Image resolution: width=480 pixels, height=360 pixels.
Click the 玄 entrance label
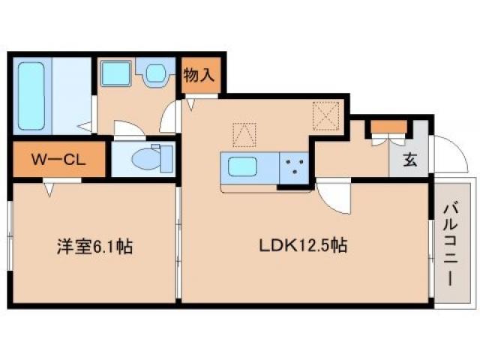[x=410, y=159]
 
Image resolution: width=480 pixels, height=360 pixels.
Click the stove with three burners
[x=295, y=166]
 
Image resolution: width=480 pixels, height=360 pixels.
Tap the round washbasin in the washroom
[x=157, y=73]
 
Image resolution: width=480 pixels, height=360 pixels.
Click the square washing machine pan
[x=116, y=73]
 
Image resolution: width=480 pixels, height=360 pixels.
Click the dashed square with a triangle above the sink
[x=244, y=133]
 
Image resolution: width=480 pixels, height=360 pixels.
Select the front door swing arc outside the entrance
[x=446, y=154]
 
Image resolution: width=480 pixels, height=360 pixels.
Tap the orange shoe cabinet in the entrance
[x=388, y=125]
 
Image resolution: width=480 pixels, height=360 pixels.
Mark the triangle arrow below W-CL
[x=50, y=189]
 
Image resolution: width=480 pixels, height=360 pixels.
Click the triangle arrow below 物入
[x=191, y=103]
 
